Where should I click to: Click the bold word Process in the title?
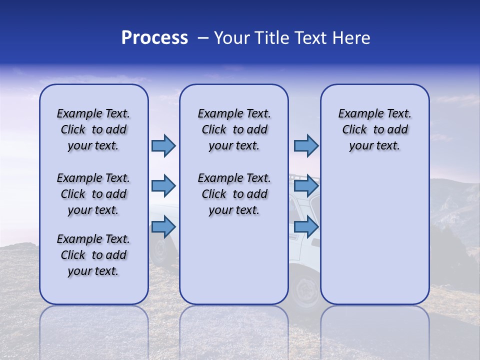click(x=154, y=38)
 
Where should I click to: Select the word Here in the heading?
click(x=352, y=38)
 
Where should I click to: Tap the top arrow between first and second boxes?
click(x=163, y=145)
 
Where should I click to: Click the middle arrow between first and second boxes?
click(x=163, y=186)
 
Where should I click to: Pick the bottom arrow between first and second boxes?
click(x=163, y=227)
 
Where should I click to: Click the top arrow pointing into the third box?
click(x=306, y=145)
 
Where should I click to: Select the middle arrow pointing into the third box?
click(x=306, y=186)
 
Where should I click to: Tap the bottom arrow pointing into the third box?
click(x=306, y=227)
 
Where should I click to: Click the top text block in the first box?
click(x=93, y=129)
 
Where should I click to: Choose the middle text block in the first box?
click(x=93, y=194)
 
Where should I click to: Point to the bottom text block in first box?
click(x=93, y=255)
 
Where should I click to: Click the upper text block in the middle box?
click(x=234, y=129)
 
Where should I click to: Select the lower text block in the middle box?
click(x=234, y=194)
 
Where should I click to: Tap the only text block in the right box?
click(x=374, y=129)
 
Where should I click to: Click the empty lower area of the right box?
click(x=374, y=240)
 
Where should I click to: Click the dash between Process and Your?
click(x=202, y=38)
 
